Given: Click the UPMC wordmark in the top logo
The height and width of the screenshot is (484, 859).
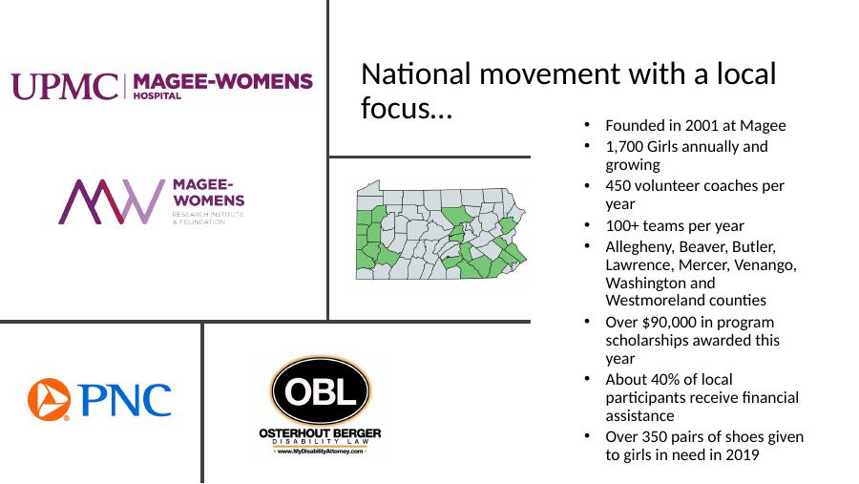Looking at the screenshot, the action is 65,87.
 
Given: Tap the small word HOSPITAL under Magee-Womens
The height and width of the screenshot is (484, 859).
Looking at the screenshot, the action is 157,95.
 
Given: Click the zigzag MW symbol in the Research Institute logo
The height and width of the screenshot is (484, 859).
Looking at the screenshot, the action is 112,201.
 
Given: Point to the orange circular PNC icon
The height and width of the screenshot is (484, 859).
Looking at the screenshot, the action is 50,400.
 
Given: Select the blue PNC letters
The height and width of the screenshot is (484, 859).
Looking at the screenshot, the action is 124,400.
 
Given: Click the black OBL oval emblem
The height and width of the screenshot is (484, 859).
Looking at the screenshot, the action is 321,391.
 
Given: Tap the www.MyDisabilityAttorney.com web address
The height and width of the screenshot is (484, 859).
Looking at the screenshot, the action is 320,452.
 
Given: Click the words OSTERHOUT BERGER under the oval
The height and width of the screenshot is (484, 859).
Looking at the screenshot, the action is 320,433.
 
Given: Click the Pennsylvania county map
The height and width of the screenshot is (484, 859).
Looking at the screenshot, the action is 441,230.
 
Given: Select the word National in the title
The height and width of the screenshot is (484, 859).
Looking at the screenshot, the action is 416,74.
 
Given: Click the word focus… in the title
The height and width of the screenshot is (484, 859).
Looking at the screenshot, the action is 407,108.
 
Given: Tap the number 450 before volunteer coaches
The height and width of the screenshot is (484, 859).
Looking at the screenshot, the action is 618,186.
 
